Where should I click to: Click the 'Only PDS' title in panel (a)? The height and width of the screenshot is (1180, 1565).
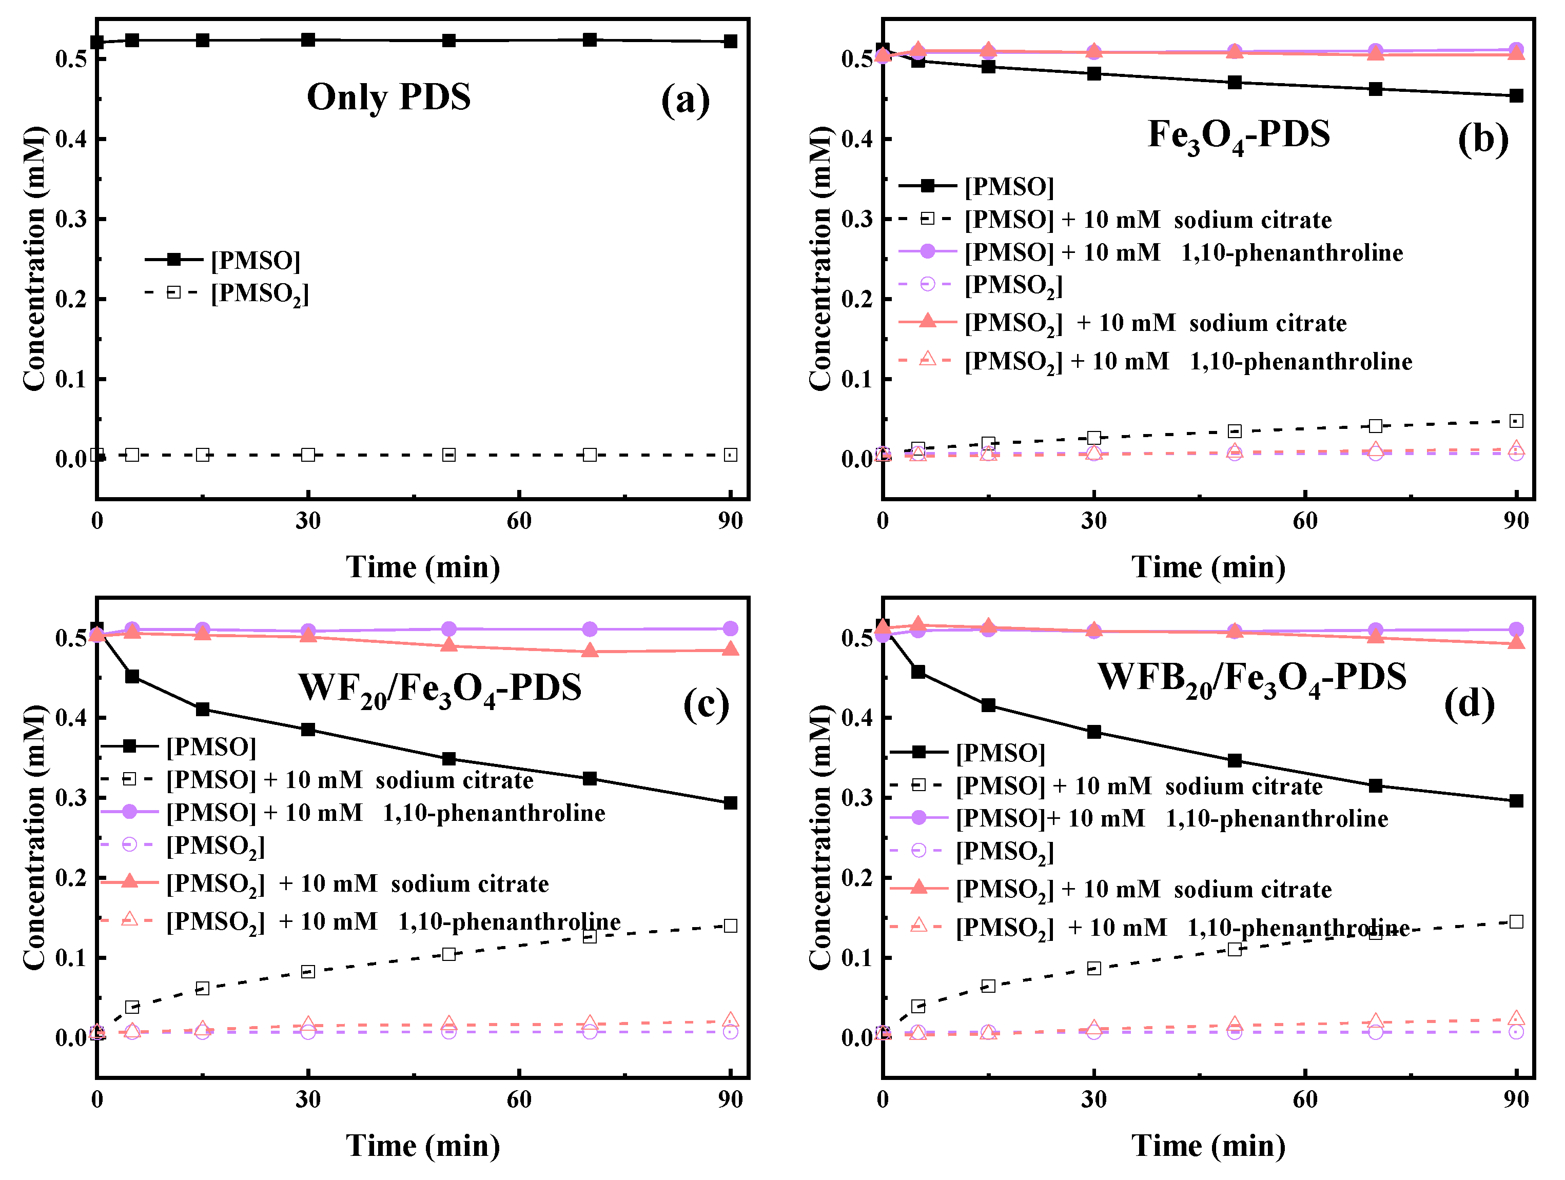click(388, 97)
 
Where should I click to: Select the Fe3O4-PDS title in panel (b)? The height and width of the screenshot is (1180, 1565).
click(1238, 135)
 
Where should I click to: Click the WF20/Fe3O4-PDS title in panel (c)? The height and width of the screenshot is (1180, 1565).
click(440, 687)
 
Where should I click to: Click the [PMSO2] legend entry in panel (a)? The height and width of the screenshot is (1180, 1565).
click(259, 293)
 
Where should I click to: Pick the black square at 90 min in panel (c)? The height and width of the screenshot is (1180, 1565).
click(730, 803)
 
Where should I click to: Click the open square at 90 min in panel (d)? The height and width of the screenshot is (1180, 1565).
click(1515, 922)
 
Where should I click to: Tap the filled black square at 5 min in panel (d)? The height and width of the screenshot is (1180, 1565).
click(917, 672)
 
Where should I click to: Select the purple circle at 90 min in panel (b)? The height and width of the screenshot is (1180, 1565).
click(1515, 50)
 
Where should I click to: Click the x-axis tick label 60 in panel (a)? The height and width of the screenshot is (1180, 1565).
click(519, 521)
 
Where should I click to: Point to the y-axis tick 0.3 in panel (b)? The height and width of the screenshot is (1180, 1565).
click(857, 219)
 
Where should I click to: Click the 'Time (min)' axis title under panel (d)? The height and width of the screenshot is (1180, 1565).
click(1208, 1145)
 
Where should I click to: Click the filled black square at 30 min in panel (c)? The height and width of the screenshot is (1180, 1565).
click(308, 730)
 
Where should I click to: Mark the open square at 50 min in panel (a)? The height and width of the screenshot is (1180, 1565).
click(448, 455)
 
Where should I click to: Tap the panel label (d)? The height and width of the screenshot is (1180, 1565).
click(1469, 704)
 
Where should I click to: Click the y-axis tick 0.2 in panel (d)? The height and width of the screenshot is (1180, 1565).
click(857, 878)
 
